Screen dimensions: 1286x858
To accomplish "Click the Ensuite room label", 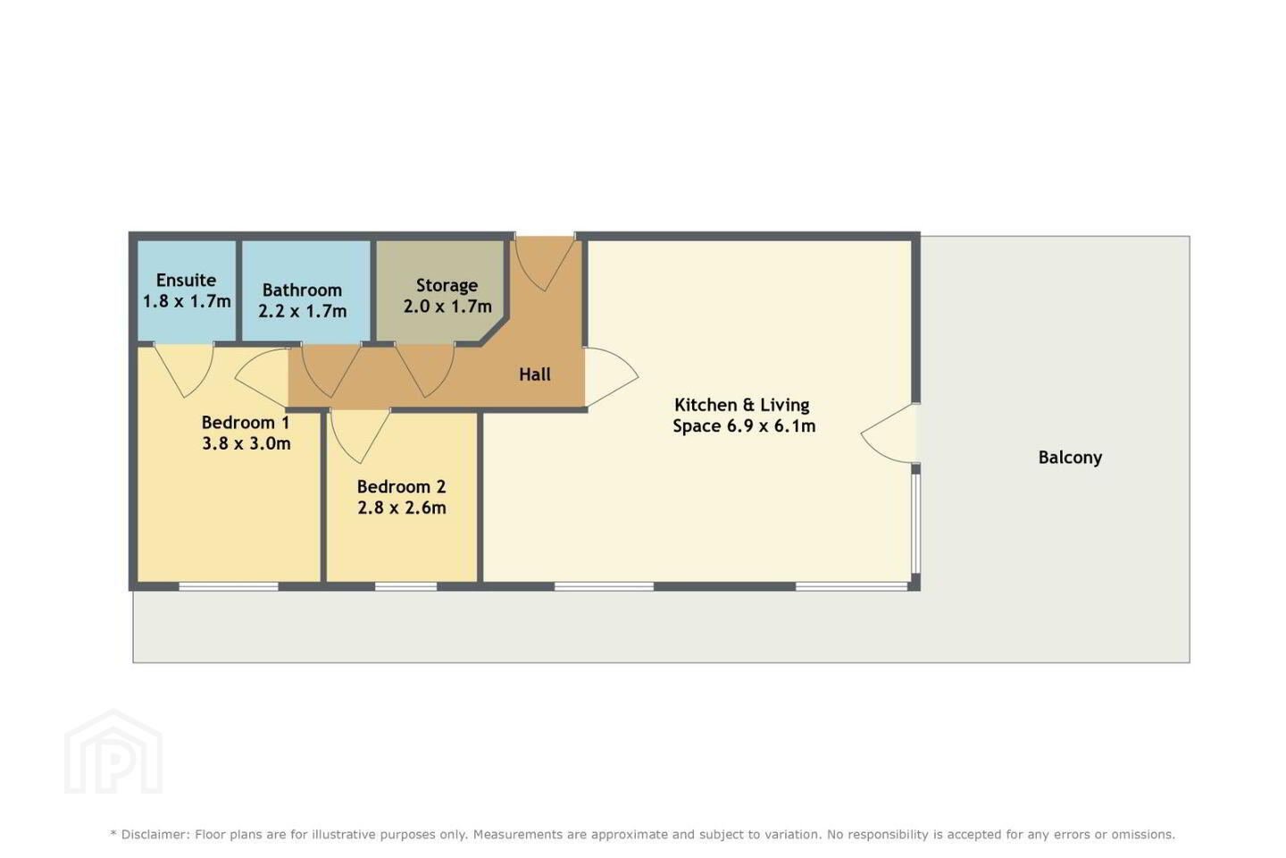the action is tap(186, 281).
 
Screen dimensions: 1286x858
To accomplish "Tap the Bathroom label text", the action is tap(302, 290).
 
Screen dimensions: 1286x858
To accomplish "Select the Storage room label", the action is tap(447, 286).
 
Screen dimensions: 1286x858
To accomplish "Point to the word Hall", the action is tap(534, 374).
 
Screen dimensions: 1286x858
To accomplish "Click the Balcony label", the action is tap(1070, 458).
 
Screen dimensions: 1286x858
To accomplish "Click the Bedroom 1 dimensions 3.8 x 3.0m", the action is tap(246, 443).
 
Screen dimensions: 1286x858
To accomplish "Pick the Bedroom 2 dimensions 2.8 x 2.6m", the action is tap(401, 508).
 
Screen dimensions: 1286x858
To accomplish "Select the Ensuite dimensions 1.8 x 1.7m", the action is tap(187, 302).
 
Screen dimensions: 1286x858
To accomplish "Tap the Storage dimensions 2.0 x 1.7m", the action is tap(447, 307).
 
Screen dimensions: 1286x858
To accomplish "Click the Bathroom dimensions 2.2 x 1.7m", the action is tap(302, 312).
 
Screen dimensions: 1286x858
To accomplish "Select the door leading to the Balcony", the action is tap(889, 433).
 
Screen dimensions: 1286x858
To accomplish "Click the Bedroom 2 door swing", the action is tap(361, 435).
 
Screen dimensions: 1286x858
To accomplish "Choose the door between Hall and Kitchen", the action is tap(611, 377).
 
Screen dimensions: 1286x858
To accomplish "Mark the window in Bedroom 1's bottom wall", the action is tap(229, 587).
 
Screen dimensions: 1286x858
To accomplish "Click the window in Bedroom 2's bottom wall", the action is tap(405, 587).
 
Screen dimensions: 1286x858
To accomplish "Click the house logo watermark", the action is tap(113, 752).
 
